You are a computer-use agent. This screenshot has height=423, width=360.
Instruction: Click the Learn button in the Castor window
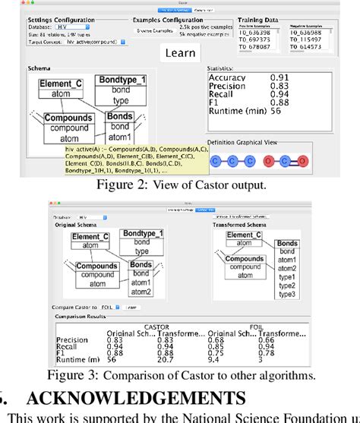(180, 53)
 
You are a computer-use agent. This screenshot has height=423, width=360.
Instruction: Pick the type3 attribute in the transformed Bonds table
(288, 292)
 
